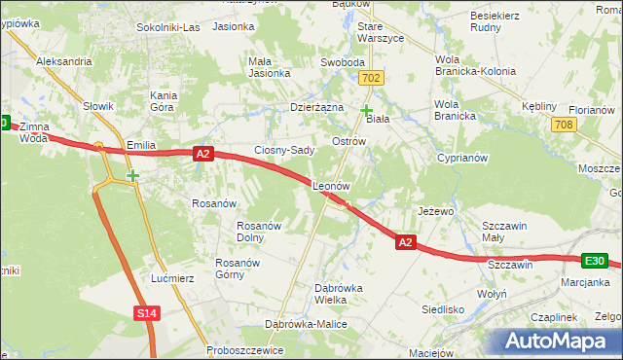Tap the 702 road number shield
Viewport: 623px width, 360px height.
click(x=369, y=77)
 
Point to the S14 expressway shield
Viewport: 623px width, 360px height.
click(x=146, y=312)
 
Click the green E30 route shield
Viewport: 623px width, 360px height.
click(x=596, y=261)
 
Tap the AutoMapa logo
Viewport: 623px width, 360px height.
click(x=556, y=341)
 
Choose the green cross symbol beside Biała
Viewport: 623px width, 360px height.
click(x=366, y=111)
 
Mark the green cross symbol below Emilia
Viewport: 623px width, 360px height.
click(x=132, y=176)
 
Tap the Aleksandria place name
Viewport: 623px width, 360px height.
click(x=63, y=60)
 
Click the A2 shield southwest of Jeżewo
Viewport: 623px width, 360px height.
click(x=407, y=242)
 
